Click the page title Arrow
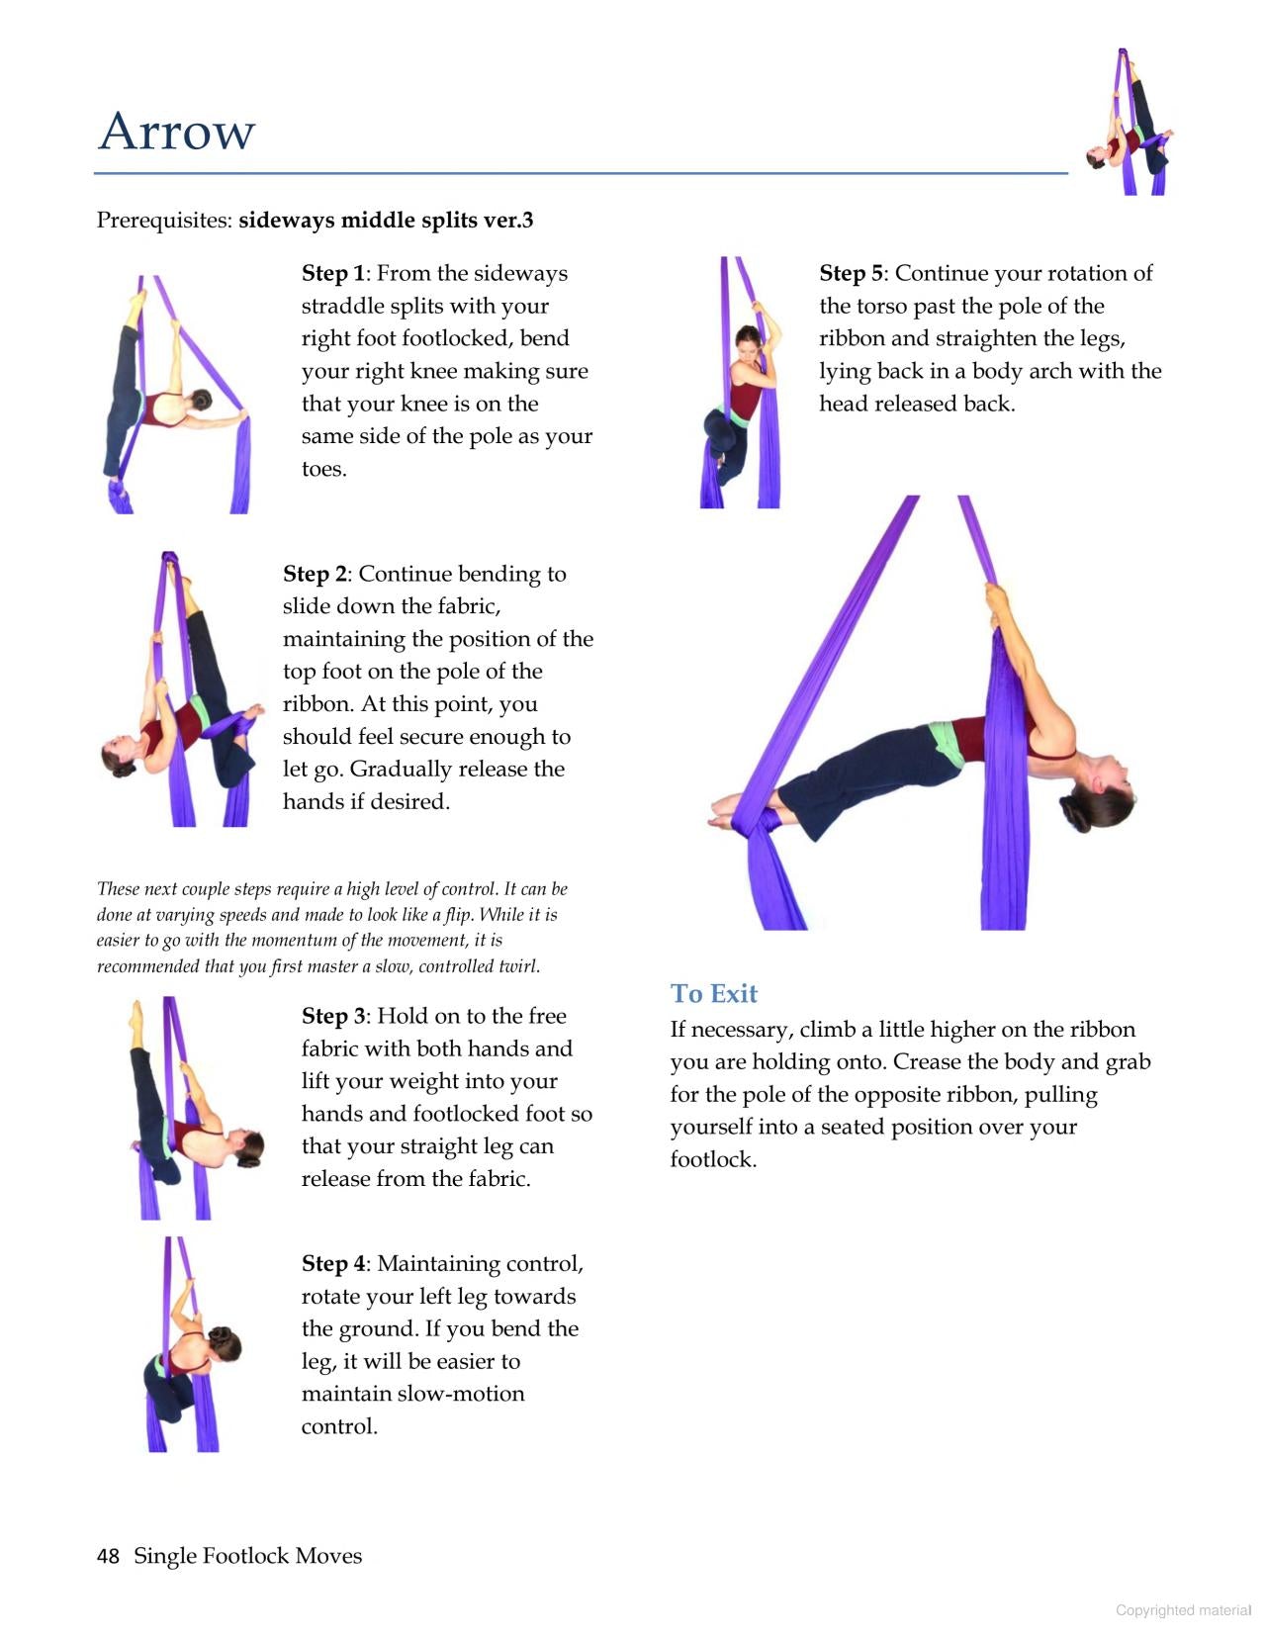tap(176, 132)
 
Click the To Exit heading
tap(713, 993)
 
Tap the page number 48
tap(108, 1556)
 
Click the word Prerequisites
tap(163, 221)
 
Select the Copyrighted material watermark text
tap(1183, 1610)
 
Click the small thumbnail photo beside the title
tap(1130, 123)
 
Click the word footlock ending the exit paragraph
tap(712, 1159)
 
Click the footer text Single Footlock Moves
tap(247, 1556)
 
